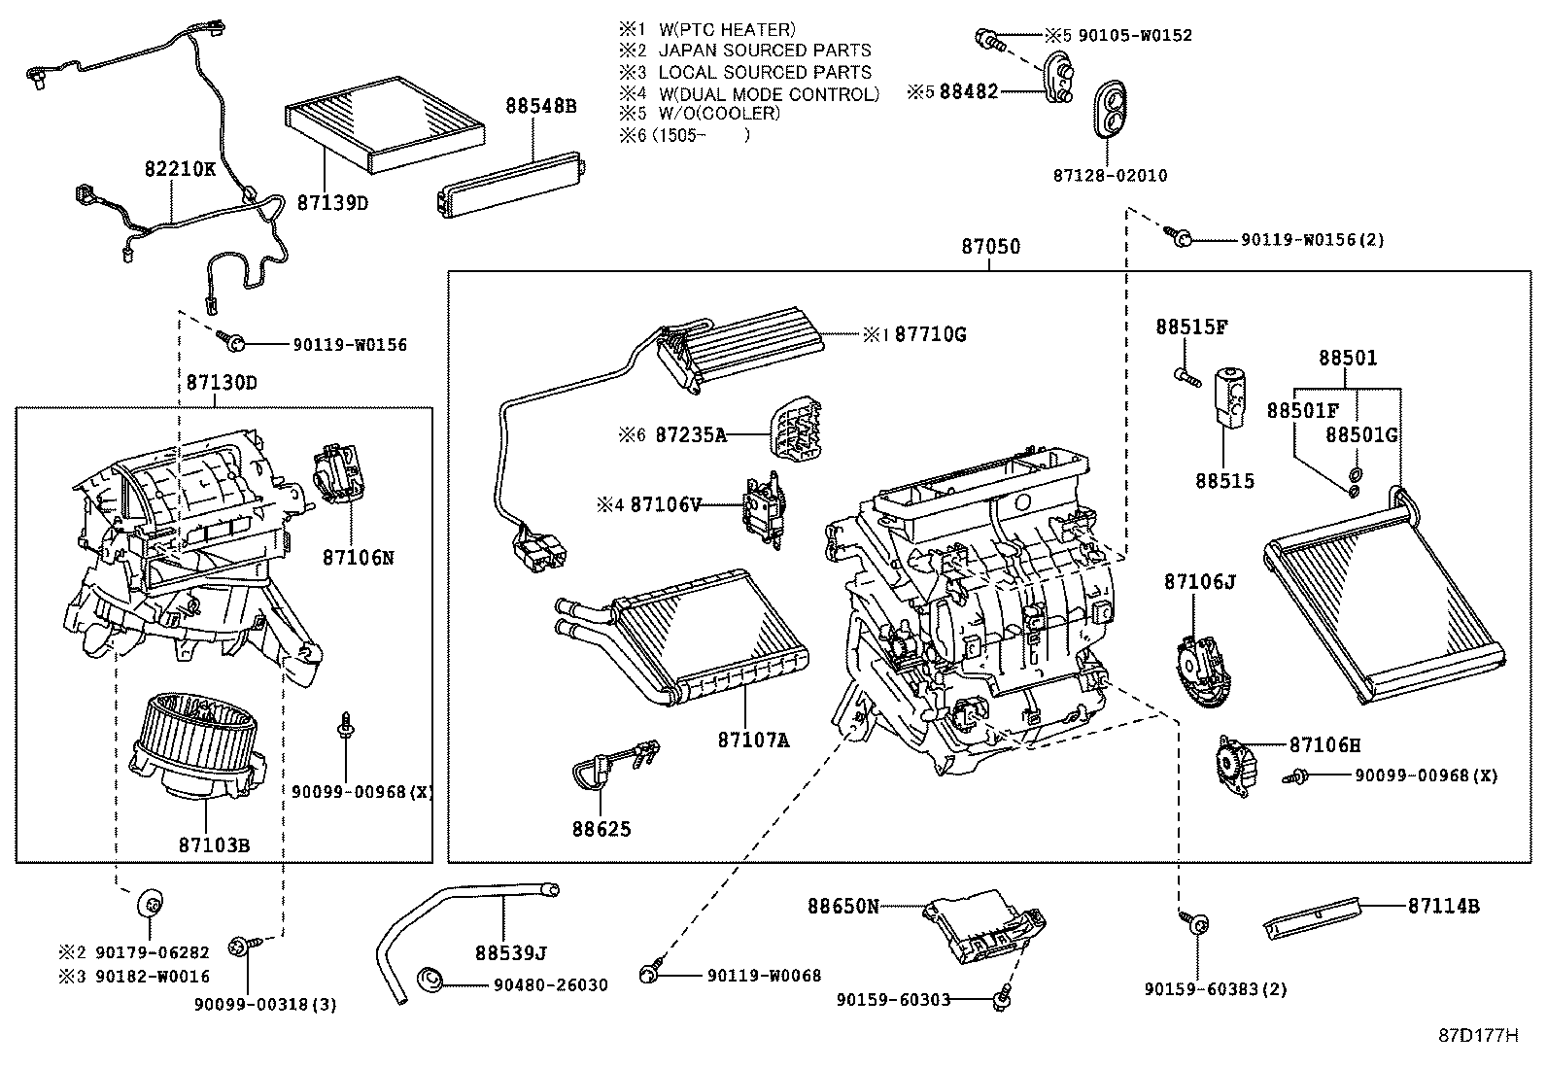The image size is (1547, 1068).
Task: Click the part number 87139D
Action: point(332,203)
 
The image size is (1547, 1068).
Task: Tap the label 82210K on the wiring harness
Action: point(180,168)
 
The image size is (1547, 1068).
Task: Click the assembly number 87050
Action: point(990,247)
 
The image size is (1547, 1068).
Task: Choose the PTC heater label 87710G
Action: point(930,334)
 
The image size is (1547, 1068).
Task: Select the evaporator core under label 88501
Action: point(1385,603)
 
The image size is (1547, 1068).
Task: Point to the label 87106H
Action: point(1324,745)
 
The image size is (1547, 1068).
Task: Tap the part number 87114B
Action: point(1443,906)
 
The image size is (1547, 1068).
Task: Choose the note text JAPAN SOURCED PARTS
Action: point(764,51)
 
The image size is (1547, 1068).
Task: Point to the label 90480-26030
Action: point(550,984)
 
